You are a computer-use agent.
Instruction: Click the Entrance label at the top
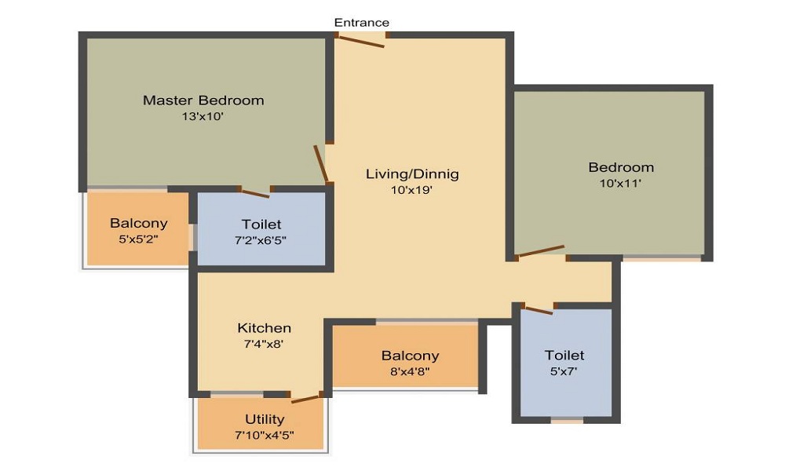361,23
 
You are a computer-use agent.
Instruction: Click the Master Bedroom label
203,100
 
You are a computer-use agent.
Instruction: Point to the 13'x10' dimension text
203,117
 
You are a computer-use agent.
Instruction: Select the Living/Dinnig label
412,174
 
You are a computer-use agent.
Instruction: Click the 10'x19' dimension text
411,190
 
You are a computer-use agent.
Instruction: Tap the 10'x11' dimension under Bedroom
620,183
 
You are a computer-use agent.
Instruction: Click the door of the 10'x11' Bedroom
542,250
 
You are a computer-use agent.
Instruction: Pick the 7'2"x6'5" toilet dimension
261,240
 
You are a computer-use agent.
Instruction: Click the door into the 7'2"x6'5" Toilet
255,192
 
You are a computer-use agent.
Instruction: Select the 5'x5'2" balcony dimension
138,239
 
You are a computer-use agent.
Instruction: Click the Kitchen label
264,328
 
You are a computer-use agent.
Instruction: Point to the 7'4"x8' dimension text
264,345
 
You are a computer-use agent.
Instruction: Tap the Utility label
265,419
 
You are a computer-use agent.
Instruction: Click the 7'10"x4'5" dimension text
265,435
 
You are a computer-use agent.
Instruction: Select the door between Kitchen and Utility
305,399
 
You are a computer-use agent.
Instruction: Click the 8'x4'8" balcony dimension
410,372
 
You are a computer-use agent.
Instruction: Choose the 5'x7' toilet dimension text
564,371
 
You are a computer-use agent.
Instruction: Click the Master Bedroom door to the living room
321,164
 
